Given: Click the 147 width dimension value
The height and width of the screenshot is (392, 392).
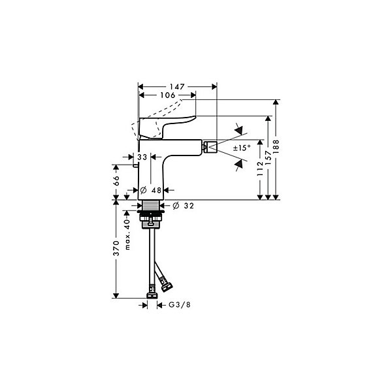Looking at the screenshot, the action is [177, 87].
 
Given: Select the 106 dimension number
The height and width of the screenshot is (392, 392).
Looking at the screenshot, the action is [168, 95].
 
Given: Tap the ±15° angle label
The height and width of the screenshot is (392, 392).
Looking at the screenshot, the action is [242, 148].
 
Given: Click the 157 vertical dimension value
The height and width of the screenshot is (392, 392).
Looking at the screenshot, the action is [268, 157].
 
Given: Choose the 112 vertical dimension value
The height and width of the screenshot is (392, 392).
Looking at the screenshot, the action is [260, 169].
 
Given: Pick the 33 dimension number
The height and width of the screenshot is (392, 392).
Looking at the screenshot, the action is [142, 157].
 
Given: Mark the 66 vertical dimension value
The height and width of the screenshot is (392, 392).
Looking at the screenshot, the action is [116, 180].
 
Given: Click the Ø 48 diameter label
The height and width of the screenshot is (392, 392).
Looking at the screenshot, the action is [151, 191].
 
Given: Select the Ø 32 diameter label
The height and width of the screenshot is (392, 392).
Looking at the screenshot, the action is [183, 206].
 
